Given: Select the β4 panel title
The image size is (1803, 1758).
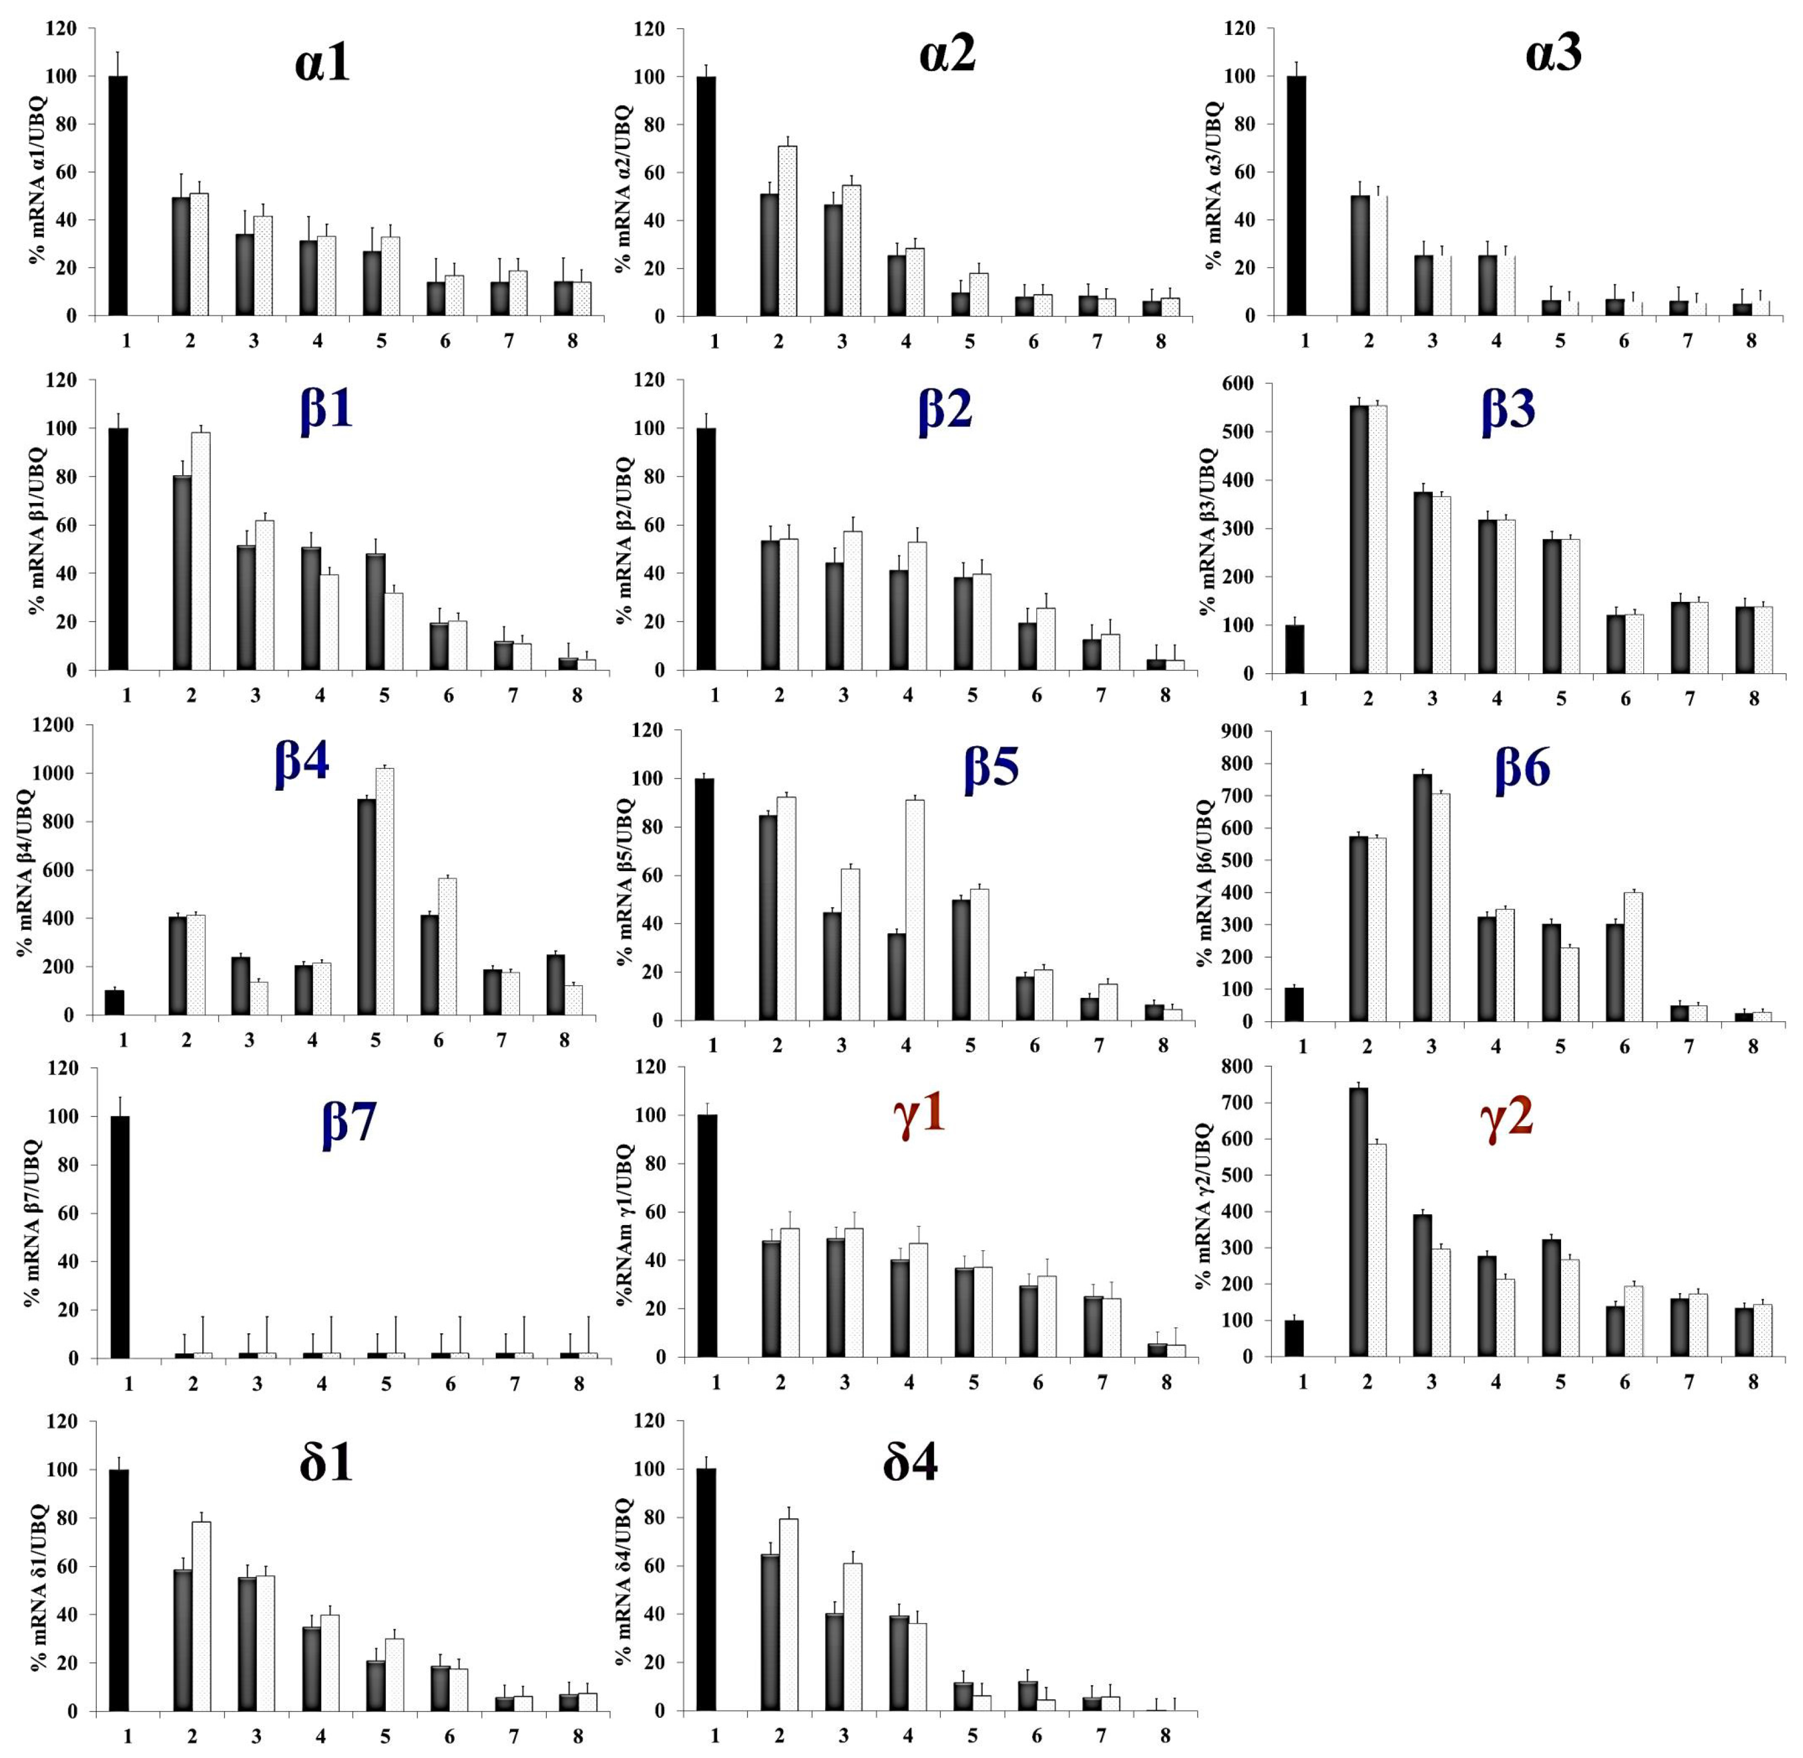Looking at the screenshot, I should pyautogui.click(x=302, y=763).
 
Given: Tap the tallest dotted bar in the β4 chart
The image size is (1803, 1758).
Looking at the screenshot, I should pyautogui.click(x=384, y=891).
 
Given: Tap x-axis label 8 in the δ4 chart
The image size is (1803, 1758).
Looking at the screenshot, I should pyautogui.click(x=1165, y=1736).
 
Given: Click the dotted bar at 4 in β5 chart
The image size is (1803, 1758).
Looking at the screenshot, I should pyautogui.click(x=915, y=910).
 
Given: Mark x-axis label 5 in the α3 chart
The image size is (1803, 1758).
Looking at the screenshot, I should pyautogui.click(x=1559, y=341).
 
